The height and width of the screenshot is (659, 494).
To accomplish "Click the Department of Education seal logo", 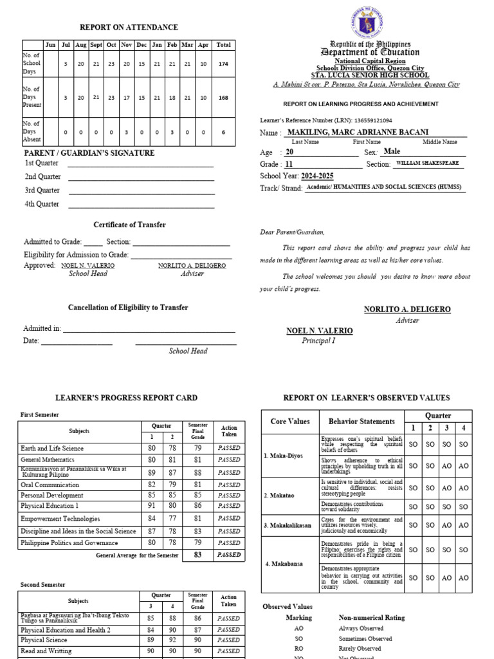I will pos(369,24).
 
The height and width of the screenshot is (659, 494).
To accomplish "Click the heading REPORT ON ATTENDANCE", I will pos(129,27).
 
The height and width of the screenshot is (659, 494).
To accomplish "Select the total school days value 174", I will pos(223,64).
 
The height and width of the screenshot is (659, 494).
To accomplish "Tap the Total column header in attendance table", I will pos(223,45).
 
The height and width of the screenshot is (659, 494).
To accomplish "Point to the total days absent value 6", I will pos(223,131).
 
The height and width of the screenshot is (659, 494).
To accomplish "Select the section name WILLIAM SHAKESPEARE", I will pos(427,163).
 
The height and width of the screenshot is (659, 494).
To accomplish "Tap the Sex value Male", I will pos(391,152).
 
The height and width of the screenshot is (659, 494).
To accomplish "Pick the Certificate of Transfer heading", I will pos(129,225).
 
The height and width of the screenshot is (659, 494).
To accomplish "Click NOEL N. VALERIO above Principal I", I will pos(319,331).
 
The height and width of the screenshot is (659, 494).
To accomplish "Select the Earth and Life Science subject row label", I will pos(51,448).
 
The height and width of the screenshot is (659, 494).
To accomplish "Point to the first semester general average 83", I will pos(198,554).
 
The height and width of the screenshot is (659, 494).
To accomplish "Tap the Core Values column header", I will pos(290,422).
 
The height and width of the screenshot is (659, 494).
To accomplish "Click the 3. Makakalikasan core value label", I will pos(289,526).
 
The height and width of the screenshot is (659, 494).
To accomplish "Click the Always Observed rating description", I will pos(361,628).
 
